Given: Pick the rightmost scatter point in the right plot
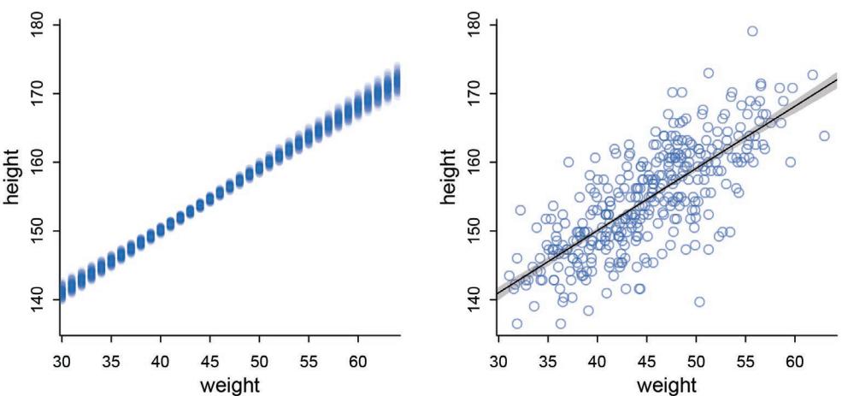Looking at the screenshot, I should [824, 136].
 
